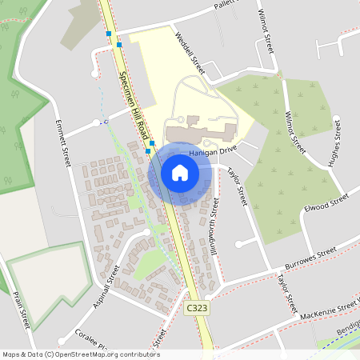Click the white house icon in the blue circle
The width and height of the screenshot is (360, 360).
[x=180, y=172]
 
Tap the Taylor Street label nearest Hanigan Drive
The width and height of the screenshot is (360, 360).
[x=238, y=186]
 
